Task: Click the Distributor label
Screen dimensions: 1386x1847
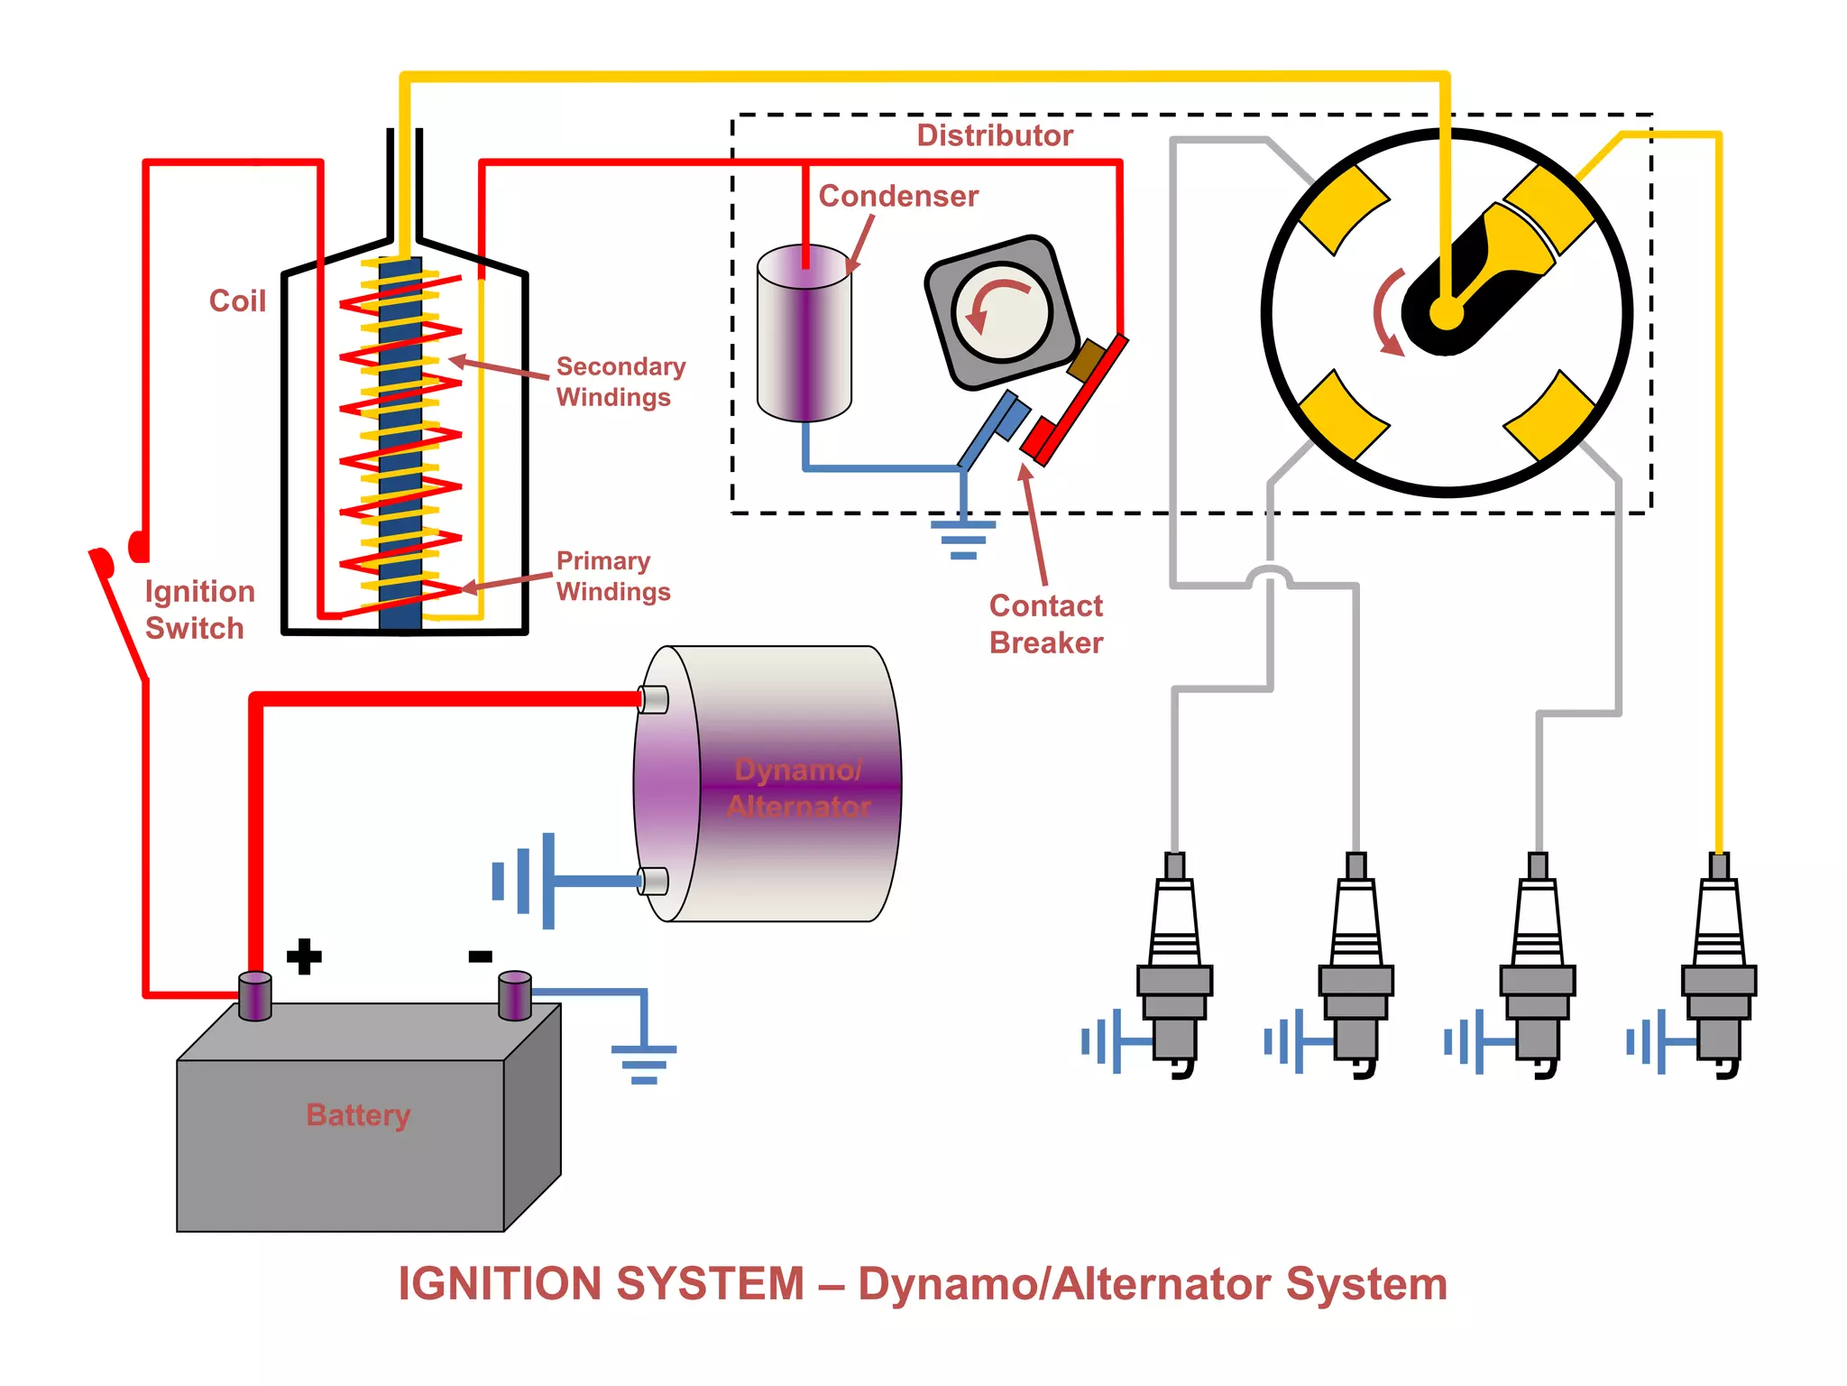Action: click(x=995, y=135)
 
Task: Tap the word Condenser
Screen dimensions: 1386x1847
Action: click(x=898, y=196)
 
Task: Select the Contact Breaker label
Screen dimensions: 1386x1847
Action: click(x=1046, y=624)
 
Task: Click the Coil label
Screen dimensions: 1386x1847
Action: click(x=237, y=300)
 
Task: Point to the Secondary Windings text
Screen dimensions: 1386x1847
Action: click(x=620, y=382)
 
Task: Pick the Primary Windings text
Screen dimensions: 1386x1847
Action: click(x=612, y=576)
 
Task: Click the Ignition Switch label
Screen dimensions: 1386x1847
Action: click(x=199, y=609)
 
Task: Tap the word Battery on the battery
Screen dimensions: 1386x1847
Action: click(x=358, y=1114)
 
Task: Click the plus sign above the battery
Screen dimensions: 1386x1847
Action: click(x=304, y=956)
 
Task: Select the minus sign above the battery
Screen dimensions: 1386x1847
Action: click(x=480, y=956)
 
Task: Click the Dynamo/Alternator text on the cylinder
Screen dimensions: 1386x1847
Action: click(x=798, y=787)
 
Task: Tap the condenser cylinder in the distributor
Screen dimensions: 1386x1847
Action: click(x=804, y=334)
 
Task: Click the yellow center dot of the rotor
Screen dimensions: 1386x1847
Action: click(x=1446, y=314)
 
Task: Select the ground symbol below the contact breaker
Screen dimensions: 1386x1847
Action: click(x=963, y=539)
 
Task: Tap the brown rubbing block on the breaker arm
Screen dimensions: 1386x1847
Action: click(x=1089, y=359)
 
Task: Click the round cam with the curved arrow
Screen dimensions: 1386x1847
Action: click(x=1002, y=312)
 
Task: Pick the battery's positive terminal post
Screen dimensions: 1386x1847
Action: click(x=255, y=996)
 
